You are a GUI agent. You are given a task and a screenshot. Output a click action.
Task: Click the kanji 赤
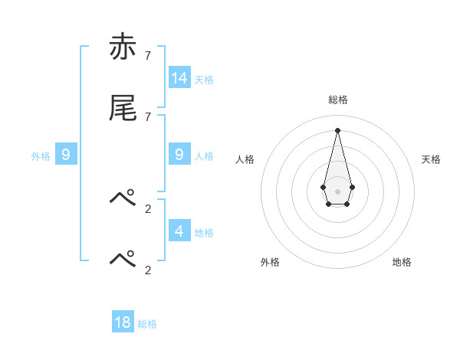pos(123,47)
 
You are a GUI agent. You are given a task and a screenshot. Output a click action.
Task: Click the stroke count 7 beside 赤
pos(148,56)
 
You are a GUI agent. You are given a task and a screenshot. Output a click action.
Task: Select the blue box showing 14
pos(179,77)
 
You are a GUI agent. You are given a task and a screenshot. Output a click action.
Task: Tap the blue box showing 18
pos(123,322)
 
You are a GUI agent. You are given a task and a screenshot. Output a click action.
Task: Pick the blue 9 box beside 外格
pos(66,155)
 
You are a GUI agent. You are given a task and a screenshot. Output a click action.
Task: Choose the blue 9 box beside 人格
pos(179,155)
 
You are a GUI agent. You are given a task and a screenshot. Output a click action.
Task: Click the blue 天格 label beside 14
pos(204,79)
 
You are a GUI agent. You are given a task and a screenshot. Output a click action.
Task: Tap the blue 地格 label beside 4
pos(204,232)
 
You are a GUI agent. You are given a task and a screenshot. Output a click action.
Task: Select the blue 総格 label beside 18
pos(147,324)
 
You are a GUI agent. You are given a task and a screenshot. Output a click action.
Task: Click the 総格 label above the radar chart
pos(338,100)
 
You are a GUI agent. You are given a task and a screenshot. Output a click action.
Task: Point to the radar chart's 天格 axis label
pos(431,159)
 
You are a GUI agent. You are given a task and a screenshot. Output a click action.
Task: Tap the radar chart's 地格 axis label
pos(402,262)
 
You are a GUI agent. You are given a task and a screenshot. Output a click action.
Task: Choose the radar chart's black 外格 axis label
pos(270,262)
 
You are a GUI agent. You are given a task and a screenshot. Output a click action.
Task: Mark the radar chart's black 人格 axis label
pos(245,159)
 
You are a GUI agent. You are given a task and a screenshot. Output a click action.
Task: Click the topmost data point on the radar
pos(337,129)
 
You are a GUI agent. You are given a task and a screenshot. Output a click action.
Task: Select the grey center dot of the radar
pos(337,191)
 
